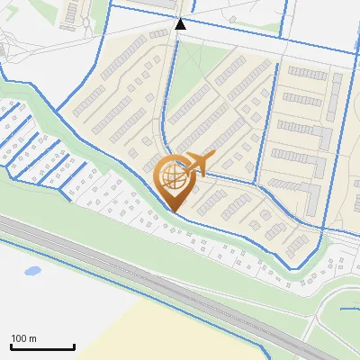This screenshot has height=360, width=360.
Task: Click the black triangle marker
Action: tap(181, 24)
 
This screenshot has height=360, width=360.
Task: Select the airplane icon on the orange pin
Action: tap(195, 164)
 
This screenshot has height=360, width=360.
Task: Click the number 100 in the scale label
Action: tap(20, 338)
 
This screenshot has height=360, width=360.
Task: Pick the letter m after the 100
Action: tap(32, 338)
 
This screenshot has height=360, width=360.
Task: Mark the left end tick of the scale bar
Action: tap(11, 346)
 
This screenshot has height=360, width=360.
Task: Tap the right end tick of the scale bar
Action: tap(74, 346)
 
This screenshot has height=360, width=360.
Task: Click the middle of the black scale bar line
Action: tap(42, 347)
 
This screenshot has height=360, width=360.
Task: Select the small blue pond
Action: tap(33, 270)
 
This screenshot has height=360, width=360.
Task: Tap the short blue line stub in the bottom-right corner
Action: tap(351, 310)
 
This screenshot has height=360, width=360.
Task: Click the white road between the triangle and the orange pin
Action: tap(167, 99)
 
